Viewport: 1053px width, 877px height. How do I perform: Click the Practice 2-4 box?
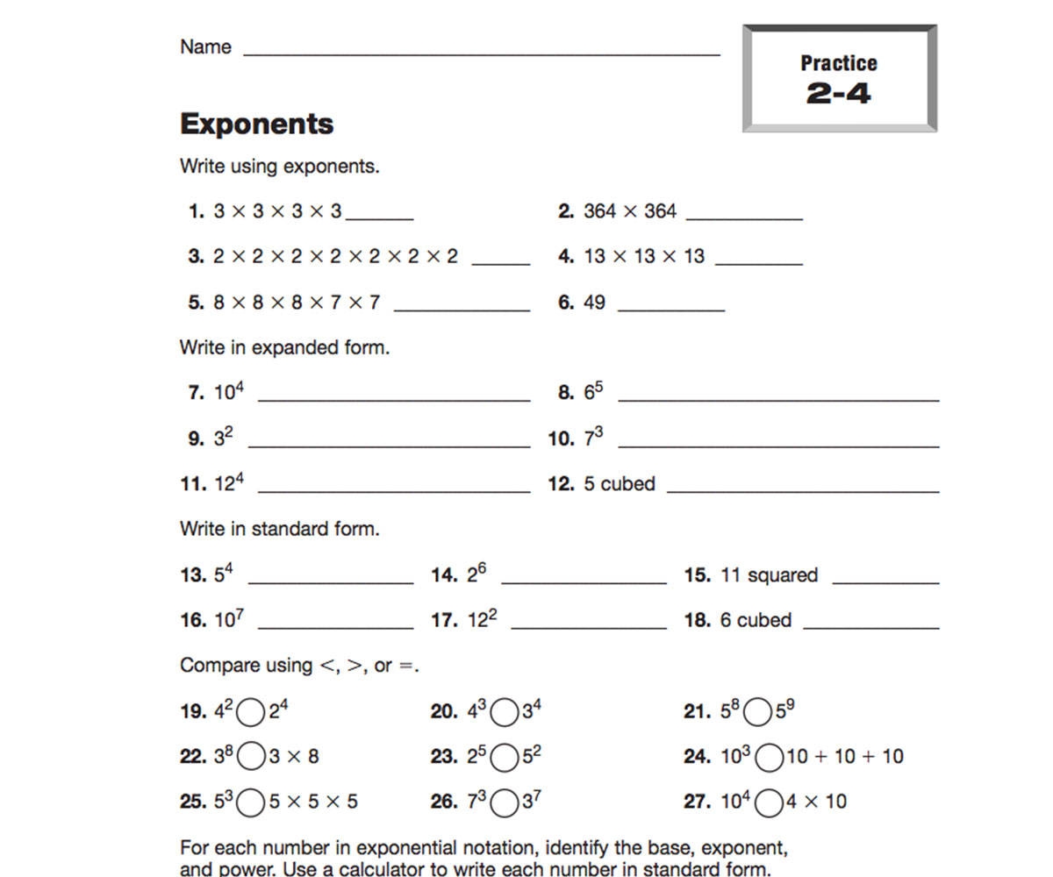tap(839, 79)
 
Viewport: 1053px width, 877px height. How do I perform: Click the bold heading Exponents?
tap(256, 124)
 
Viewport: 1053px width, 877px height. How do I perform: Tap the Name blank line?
tap(481, 53)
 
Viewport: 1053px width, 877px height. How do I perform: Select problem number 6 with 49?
tap(583, 303)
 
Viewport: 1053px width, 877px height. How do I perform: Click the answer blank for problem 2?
tap(744, 217)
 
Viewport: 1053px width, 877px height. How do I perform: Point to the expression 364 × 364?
tap(630, 211)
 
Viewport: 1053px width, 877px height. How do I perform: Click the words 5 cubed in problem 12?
tap(619, 484)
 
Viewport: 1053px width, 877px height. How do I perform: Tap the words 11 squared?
tap(769, 575)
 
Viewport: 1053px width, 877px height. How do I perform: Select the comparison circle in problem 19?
tap(251, 712)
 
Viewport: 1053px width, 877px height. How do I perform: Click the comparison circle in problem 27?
tap(769, 802)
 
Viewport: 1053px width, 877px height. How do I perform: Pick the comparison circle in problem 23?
tap(505, 758)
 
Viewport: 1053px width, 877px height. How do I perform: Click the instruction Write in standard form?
tap(279, 529)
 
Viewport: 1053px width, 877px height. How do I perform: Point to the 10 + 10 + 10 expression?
tap(844, 756)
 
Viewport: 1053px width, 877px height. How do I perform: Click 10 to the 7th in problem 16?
tap(228, 619)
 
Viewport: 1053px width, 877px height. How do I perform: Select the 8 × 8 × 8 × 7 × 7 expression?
tap(297, 303)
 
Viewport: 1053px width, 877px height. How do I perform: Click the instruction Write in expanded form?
tap(284, 347)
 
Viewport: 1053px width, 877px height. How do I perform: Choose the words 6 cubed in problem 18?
tap(756, 620)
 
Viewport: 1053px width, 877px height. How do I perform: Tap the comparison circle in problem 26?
tap(505, 802)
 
